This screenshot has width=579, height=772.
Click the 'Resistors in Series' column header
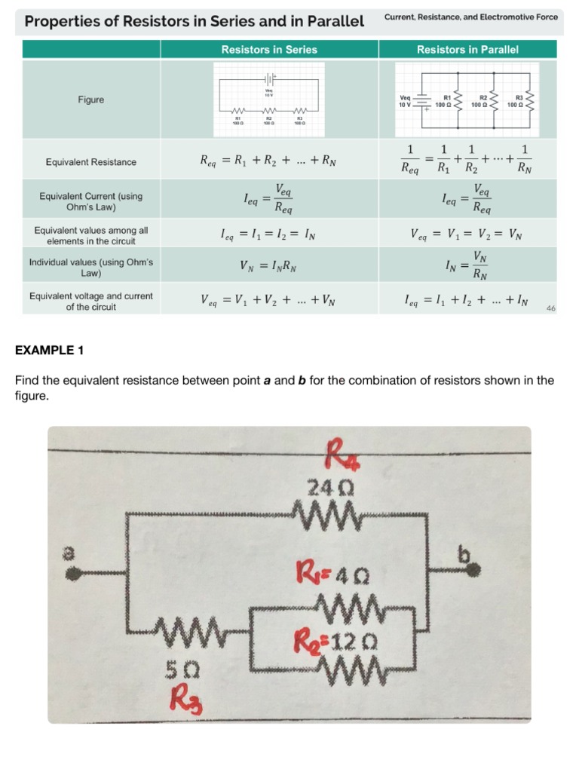tap(269, 50)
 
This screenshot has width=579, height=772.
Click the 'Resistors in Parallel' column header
tap(467, 50)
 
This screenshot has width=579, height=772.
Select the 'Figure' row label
tap(91, 100)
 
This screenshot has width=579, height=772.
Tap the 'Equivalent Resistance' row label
tap(91, 162)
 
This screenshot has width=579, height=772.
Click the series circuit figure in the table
tap(269, 99)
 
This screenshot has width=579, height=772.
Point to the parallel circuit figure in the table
tap(467, 99)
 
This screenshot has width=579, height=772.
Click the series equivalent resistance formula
tap(269, 160)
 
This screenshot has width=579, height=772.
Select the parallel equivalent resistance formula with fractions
tap(467, 160)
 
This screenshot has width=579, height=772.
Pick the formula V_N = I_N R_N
tap(269, 265)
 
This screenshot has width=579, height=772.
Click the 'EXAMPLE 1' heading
tap(50, 350)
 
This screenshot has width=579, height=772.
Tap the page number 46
tap(550, 308)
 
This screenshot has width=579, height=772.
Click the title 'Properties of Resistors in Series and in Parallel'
tap(195, 21)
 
